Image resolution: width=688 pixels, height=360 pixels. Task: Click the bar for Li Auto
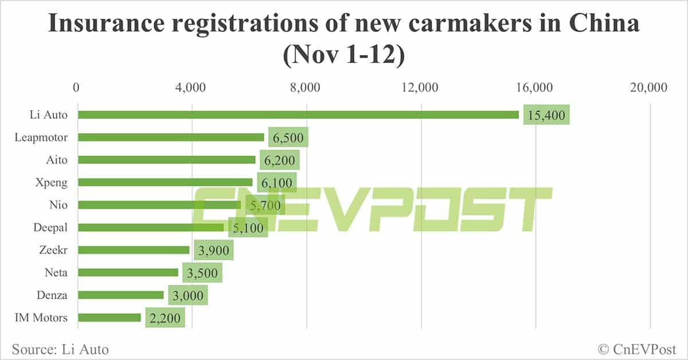[x=298, y=115]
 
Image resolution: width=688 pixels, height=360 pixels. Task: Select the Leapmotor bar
[x=171, y=137]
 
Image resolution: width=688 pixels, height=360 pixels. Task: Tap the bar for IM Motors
[x=109, y=317]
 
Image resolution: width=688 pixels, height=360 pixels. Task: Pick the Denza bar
[x=120, y=295]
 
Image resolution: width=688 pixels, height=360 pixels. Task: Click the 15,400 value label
[x=546, y=115]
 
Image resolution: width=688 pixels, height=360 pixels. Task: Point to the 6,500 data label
[x=288, y=138]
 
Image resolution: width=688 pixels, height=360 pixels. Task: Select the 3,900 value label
[x=214, y=251]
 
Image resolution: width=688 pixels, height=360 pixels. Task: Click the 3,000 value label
[x=188, y=295]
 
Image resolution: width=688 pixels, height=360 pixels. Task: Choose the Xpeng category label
[x=53, y=182]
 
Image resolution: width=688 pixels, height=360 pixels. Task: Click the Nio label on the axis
[x=59, y=205]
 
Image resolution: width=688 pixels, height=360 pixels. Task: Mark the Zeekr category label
[x=53, y=250]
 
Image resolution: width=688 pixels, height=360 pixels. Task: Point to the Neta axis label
[x=56, y=272]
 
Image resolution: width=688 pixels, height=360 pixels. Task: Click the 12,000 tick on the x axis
[x=421, y=88]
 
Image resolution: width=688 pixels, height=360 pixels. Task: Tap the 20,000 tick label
[x=649, y=88]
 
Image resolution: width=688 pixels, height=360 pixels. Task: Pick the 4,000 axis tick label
[x=191, y=88]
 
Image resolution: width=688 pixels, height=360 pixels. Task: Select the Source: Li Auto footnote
[x=60, y=349]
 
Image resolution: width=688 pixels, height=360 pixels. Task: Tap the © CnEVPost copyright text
[x=636, y=349]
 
